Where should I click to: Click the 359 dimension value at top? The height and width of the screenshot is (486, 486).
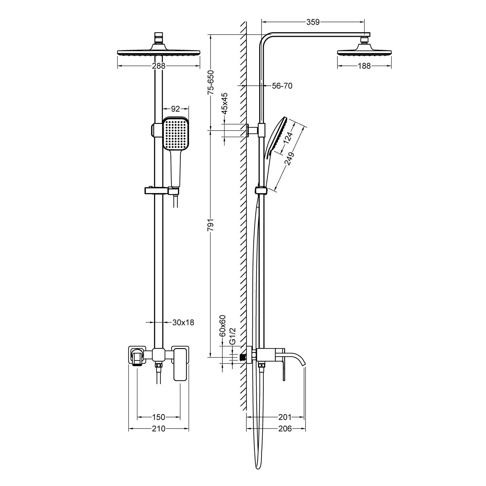click(313, 22)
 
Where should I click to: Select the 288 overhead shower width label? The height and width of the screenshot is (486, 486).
click(159, 66)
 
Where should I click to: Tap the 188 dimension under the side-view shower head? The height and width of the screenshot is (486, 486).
click(364, 66)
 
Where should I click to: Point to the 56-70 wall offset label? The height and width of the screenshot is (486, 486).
click(282, 86)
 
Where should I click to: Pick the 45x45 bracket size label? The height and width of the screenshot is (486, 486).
click(224, 103)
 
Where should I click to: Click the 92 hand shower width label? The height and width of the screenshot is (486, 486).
click(176, 108)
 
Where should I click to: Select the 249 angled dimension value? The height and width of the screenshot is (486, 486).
click(289, 159)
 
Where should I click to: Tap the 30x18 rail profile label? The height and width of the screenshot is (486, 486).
click(183, 322)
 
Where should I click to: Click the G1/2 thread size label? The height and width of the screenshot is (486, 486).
click(233, 336)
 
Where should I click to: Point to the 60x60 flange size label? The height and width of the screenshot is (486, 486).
click(223, 326)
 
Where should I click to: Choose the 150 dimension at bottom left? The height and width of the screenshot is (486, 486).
click(158, 417)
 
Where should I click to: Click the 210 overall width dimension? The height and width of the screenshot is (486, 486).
click(158, 429)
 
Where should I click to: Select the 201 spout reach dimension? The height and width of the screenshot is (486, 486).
click(285, 417)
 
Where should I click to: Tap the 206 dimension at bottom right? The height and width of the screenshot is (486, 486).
click(285, 429)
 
